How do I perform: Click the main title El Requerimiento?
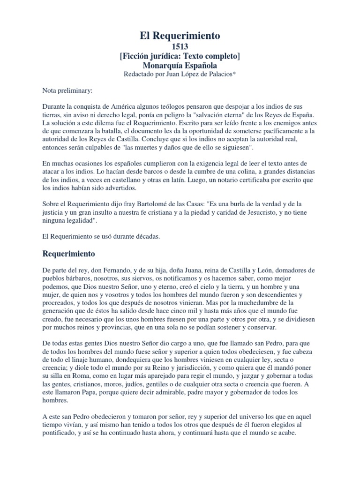[180, 35]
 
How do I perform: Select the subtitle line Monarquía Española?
[180, 65]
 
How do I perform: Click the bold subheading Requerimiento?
[69, 254]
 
